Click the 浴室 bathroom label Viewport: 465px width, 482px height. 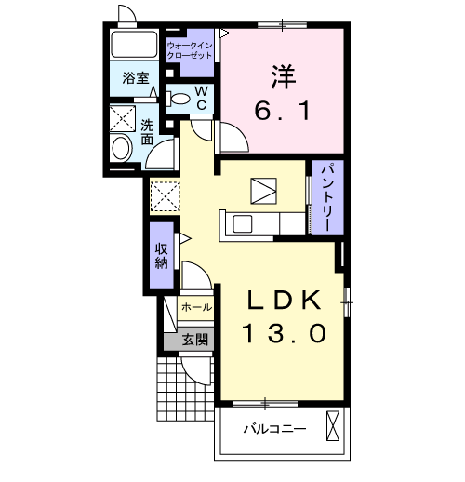point(137,79)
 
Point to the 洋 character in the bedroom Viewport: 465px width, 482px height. point(284,74)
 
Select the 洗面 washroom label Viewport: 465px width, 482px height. point(148,131)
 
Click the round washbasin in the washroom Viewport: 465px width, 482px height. point(122,148)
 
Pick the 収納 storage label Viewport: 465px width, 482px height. point(161,253)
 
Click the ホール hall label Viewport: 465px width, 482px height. point(196,306)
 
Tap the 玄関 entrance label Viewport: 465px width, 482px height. point(195,338)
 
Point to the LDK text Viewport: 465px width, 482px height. point(286,300)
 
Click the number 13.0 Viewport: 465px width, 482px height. point(286,333)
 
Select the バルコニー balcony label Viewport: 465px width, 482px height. point(275,429)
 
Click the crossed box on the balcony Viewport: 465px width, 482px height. point(335,429)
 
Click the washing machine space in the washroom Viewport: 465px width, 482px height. point(123,117)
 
